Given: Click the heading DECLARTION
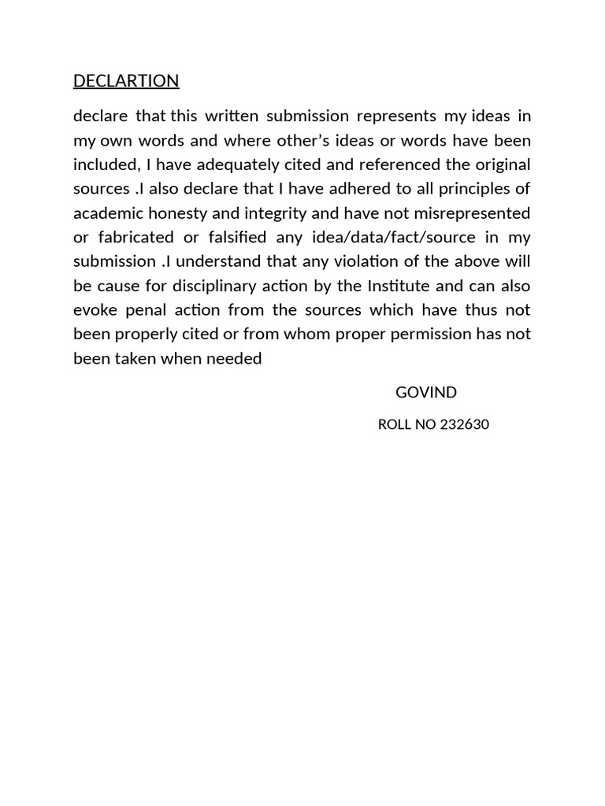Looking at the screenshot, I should [x=126, y=81].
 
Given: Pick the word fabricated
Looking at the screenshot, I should [x=140, y=238].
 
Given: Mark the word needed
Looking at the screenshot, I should [x=236, y=359].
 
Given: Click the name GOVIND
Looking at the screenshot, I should [x=426, y=393].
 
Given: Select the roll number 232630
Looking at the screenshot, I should [x=465, y=425].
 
